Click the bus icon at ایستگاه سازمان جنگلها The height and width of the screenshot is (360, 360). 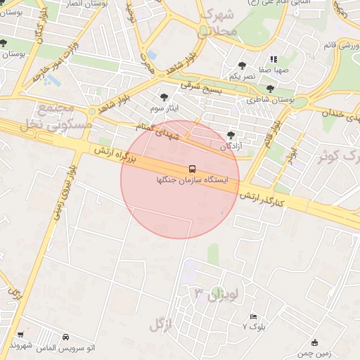192,169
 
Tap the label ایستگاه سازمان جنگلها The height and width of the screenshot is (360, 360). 192,181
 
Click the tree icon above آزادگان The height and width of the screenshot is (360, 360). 232,134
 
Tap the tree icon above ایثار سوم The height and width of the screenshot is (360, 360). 165,98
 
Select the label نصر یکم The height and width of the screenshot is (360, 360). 242,76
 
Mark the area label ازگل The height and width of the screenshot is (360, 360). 160,325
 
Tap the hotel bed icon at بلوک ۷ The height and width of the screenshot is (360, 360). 254,317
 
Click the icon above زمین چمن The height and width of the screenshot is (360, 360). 314,342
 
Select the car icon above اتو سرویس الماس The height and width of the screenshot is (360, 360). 66,337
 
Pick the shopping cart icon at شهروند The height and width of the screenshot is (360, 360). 21,335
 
